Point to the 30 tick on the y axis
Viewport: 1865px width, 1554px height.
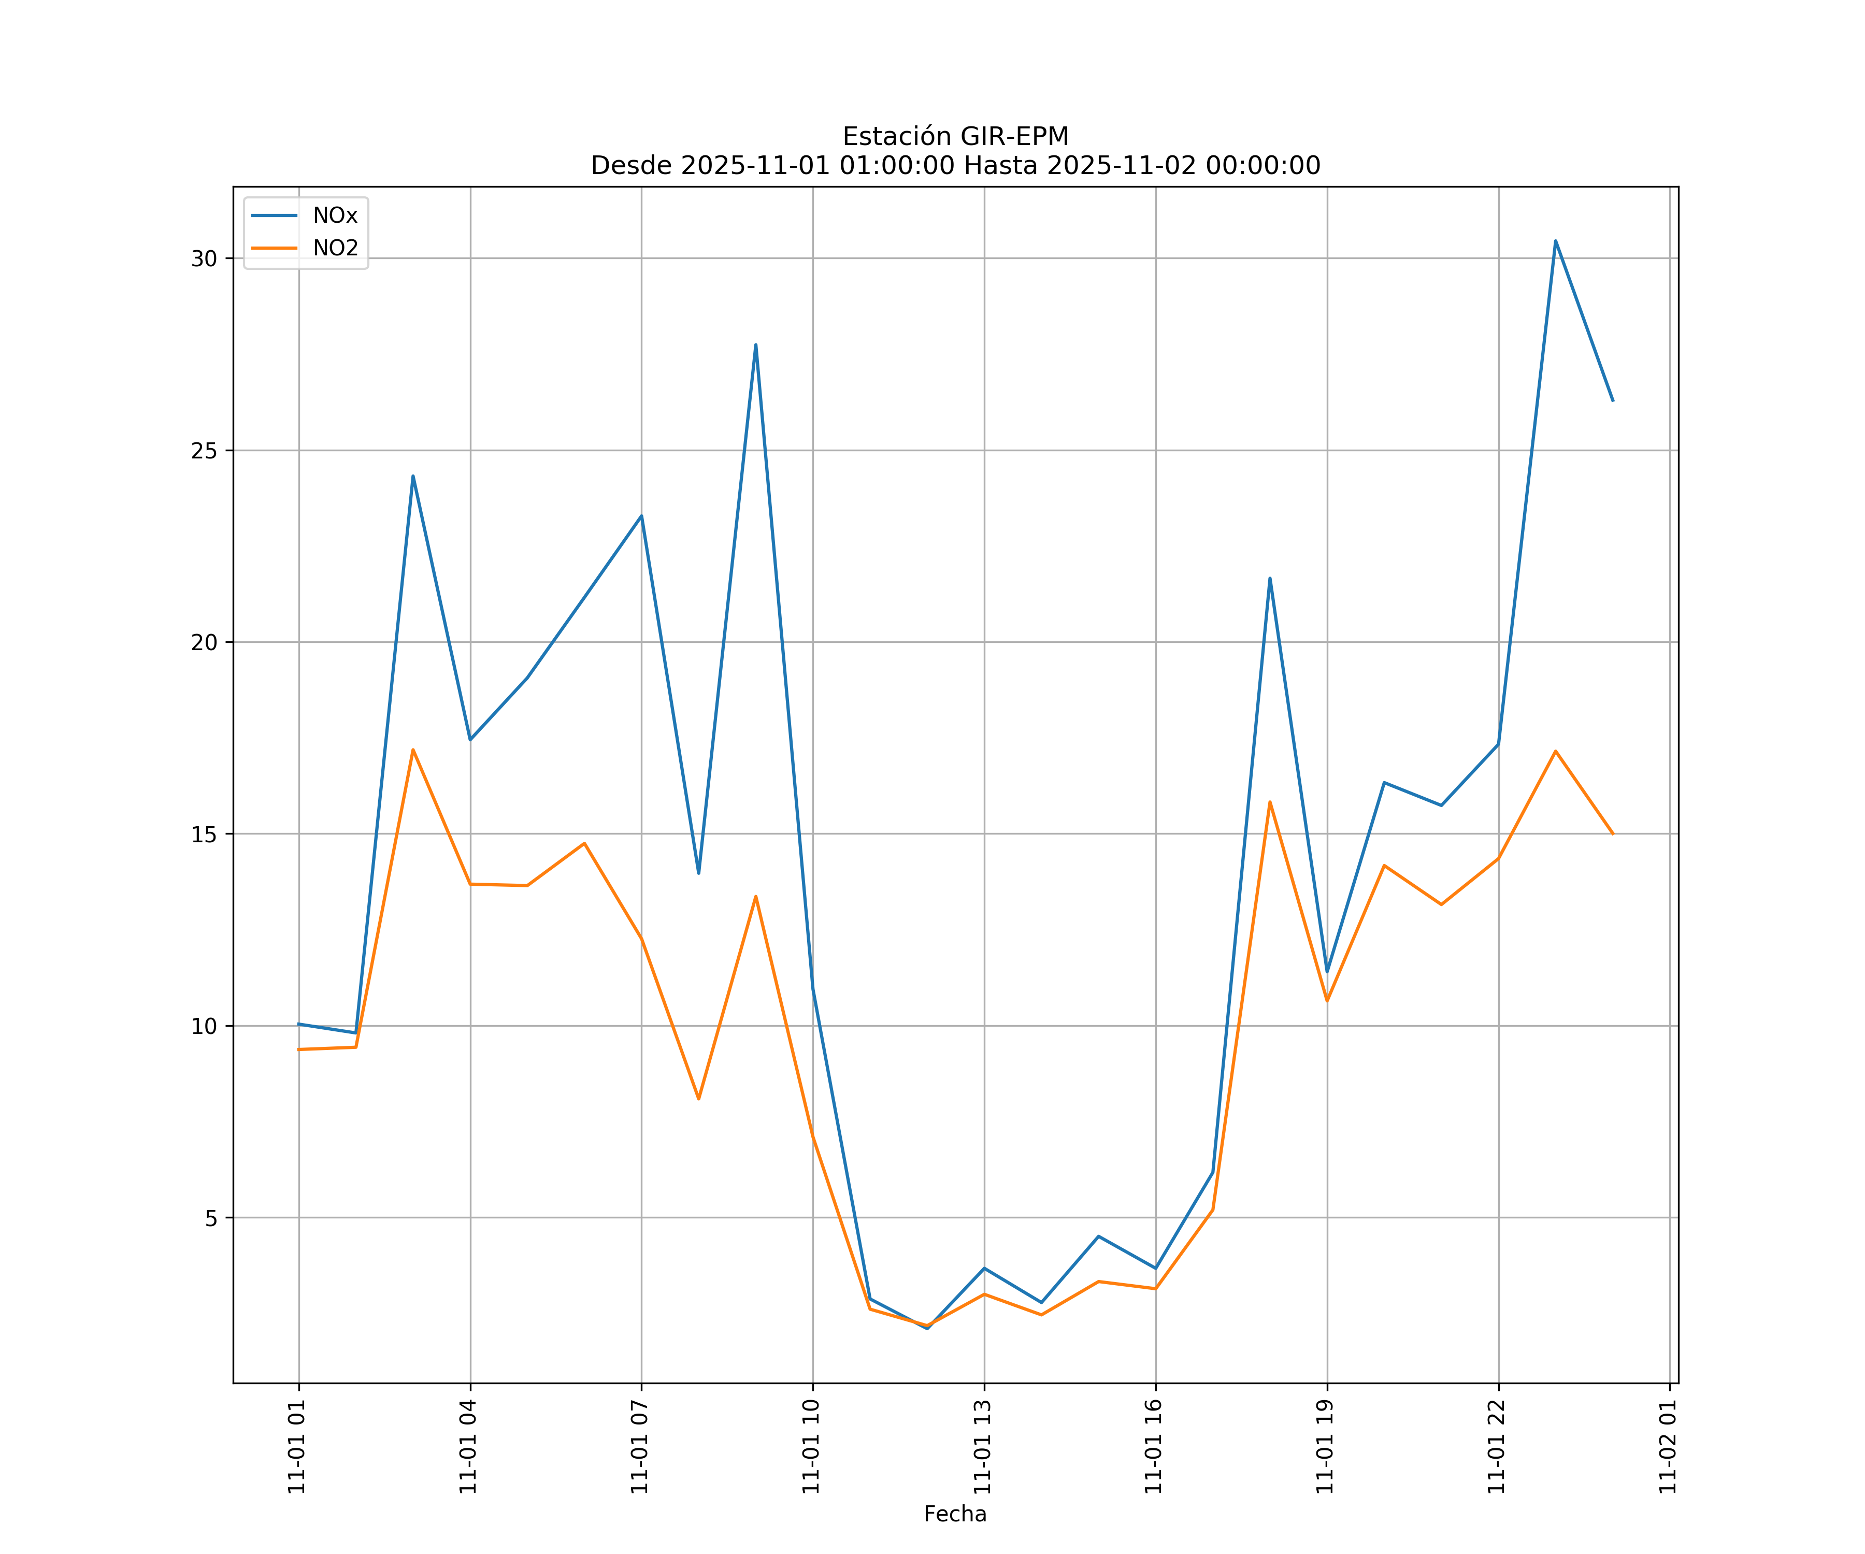coord(205,258)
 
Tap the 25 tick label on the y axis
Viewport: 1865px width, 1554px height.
coord(205,450)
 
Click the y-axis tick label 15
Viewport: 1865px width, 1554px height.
coord(205,834)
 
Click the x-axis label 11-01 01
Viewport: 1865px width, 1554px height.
coord(297,1447)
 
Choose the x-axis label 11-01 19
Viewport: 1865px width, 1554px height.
coord(1326,1447)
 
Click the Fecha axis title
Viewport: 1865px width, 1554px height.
coord(955,1514)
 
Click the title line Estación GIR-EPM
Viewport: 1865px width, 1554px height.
coord(955,137)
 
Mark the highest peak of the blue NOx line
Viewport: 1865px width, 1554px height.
coord(1555,241)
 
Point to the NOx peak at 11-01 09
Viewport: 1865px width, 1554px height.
coord(756,344)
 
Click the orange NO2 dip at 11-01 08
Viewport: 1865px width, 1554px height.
coord(699,1099)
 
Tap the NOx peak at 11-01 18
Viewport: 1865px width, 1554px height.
coord(1270,578)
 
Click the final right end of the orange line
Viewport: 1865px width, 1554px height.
coord(1613,834)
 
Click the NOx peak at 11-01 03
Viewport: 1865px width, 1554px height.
coord(413,476)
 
